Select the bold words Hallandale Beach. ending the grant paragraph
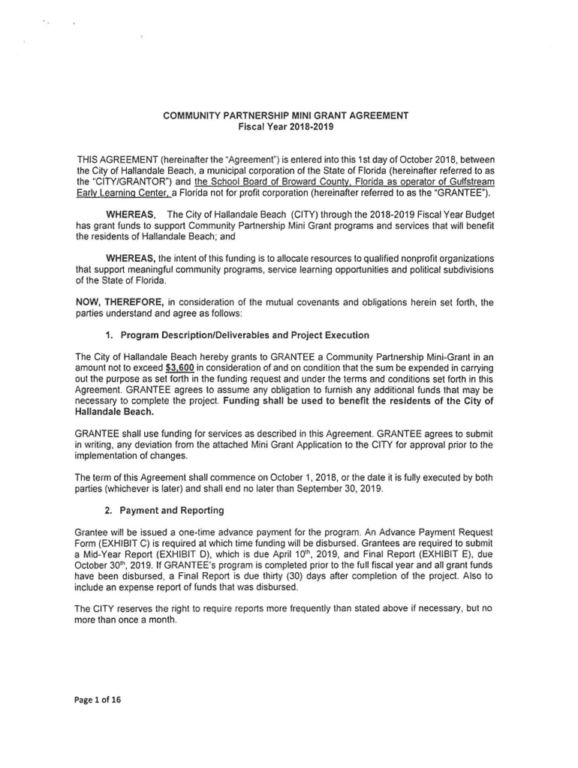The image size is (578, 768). [x=114, y=412]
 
